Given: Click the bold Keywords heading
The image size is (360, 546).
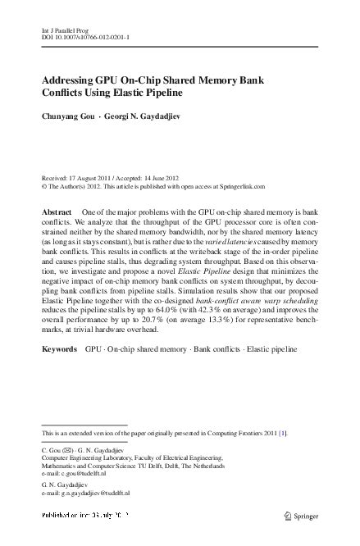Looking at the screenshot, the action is pos(60,348).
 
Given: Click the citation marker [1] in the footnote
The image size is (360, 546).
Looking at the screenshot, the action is pos(283,433).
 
